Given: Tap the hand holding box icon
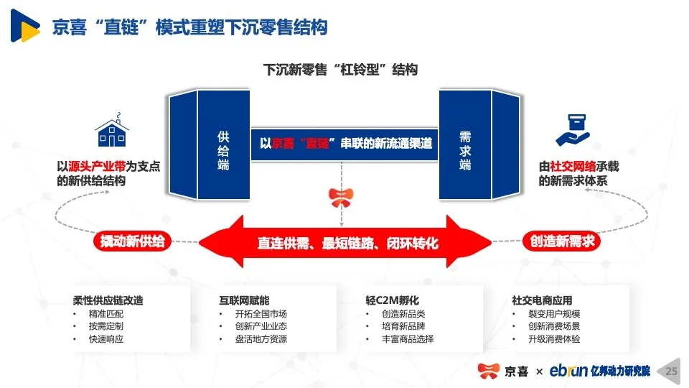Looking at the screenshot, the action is (x=573, y=130).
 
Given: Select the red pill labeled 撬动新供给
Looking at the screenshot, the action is (x=132, y=241).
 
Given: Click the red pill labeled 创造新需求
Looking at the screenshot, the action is (x=561, y=241).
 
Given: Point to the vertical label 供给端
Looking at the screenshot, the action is (x=223, y=150).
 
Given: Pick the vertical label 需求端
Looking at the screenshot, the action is (x=465, y=150).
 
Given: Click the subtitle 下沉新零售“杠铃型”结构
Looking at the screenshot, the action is (x=340, y=70).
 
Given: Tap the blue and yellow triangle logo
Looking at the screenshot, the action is (x=25, y=26).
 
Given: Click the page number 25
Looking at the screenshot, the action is (x=672, y=371).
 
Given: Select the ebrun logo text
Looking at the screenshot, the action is (x=568, y=371).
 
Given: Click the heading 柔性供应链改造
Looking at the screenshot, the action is (x=108, y=300).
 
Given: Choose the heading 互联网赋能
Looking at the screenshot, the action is (x=244, y=300).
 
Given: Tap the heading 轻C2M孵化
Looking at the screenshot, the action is (x=393, y=300).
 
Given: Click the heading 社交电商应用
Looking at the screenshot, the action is (x=543, y=300).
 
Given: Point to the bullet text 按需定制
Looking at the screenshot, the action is (x=106, y=326).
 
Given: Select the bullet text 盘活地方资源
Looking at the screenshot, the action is (x=261, y=338).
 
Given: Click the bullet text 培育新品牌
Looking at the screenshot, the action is (x=403, y=326).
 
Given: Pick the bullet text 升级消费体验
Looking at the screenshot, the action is (x=554, y=338).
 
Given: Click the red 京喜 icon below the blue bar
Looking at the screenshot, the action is (x=341, y=198).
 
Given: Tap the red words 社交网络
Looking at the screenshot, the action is (x=573, y=166).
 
